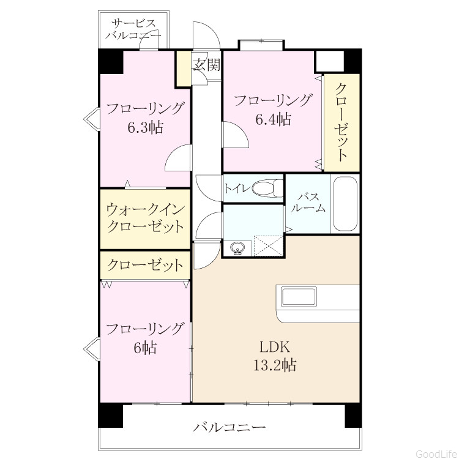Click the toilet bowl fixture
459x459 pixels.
[268, 188]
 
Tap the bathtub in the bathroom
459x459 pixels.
[345, 204]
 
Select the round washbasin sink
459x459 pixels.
[237, 248]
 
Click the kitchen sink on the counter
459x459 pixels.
[299, 296]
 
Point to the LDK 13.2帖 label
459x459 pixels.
[275, 356]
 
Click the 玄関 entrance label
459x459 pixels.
[206, 64]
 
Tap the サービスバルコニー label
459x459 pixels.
[133, 29]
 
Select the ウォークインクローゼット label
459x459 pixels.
[146, 218]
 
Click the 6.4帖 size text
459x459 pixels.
[274, 119]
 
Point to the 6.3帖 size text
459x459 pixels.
[146, 127]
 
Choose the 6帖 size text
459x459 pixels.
[146, 348]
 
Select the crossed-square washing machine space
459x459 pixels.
[269, 245]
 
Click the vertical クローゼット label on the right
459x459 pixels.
[341, 122]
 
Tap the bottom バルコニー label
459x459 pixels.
[229, 427]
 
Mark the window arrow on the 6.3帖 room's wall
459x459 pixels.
[92, 119]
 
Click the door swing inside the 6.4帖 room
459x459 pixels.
[236, 135]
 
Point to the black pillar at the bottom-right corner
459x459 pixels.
[353, 416]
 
